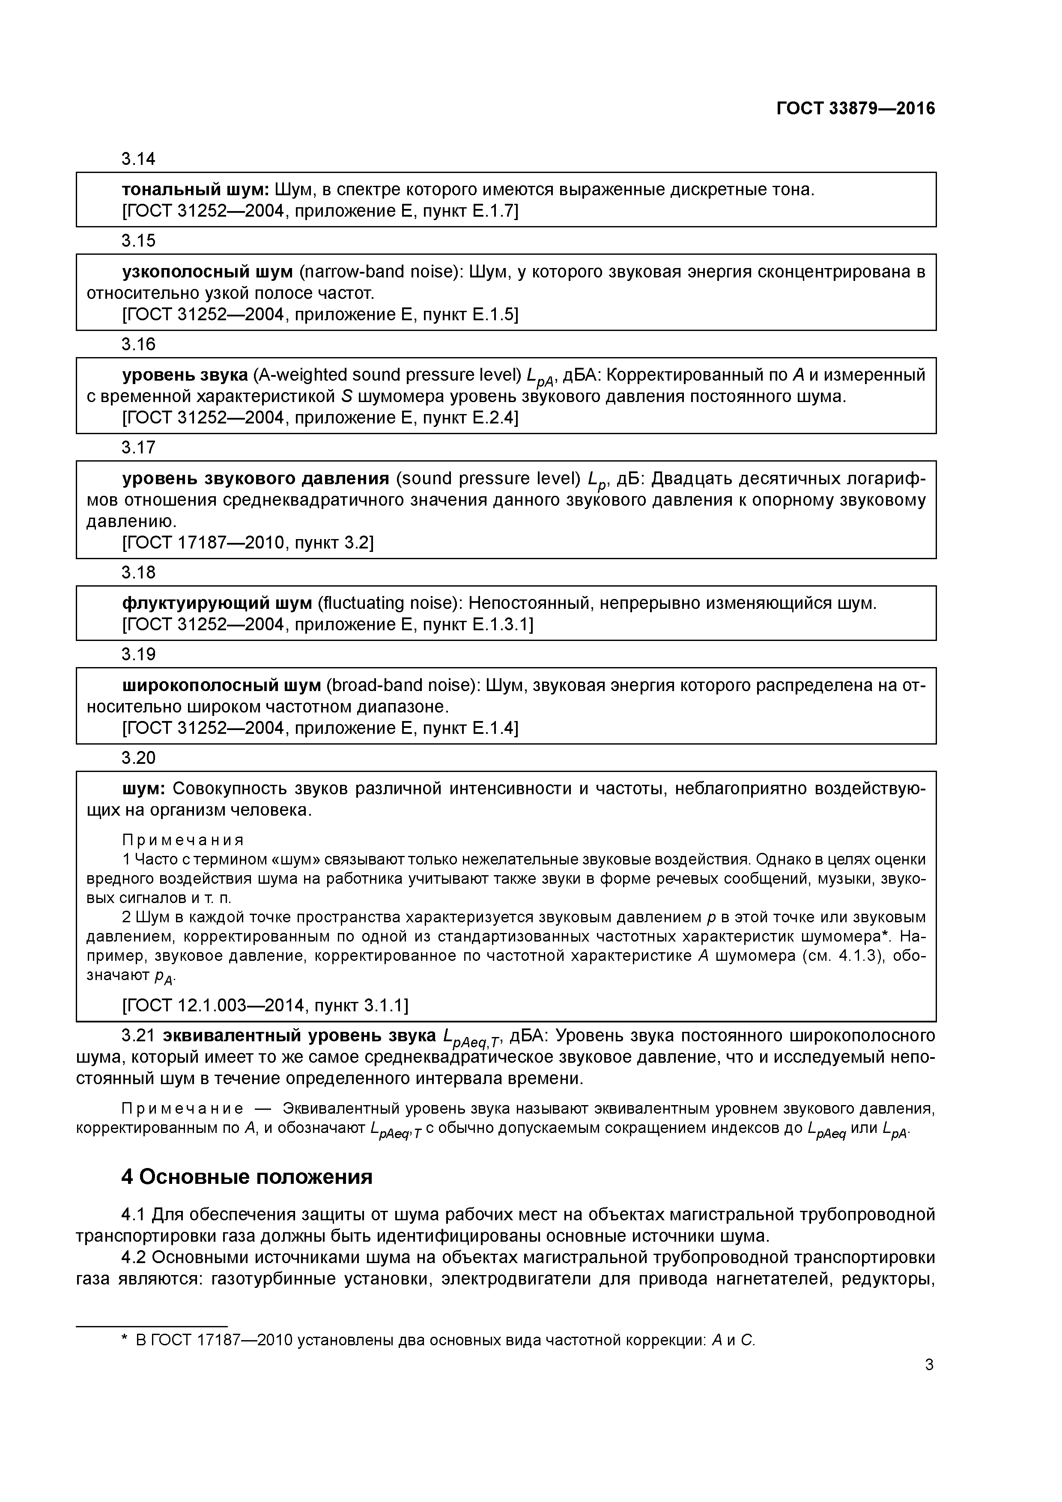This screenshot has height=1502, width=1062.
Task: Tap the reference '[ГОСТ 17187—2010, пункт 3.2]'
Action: [248, 543]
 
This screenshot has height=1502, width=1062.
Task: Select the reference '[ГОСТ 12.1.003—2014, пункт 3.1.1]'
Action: [265, 1005]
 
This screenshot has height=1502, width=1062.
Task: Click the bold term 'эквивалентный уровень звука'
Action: [299, 1036]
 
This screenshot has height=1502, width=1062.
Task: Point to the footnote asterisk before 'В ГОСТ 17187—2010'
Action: [125, 1339]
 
